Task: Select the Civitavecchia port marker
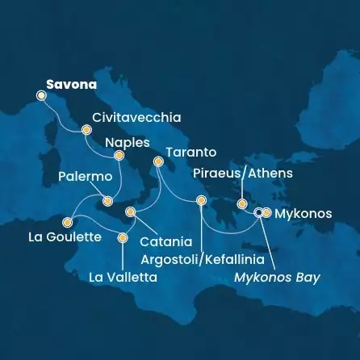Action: point(86,129)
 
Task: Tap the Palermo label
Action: point(85,175)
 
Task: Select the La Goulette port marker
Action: point(68,222)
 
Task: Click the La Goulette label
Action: point(65,237)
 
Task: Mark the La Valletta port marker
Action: point(123,237)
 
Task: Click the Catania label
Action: point(165,241)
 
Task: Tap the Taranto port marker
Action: point(159,164)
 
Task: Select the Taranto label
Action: point(190,151)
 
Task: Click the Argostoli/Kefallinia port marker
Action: point(201,201)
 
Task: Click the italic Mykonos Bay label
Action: point(277,278)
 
